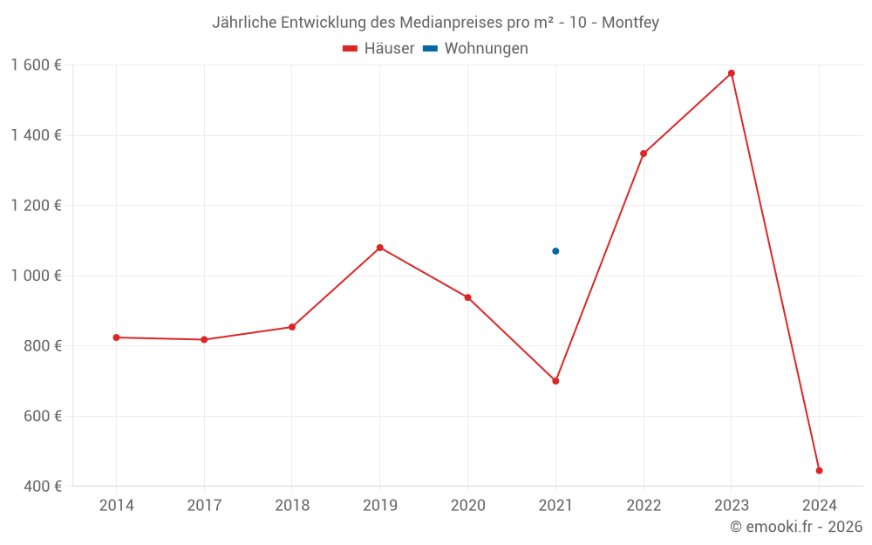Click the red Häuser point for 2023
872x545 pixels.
pyautogui.click(x=732, y=73)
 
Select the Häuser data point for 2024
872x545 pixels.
pyautogui.click(x=819, y=471)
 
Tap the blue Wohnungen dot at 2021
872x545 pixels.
pyautogui.click(x=555, y=251)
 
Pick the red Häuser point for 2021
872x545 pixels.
pyautogui.click(x=555, y=381)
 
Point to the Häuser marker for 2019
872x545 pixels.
pyautogui.click(x=379, y=248)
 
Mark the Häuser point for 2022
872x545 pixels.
pyautogui.click(x=644, y=153)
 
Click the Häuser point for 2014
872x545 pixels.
pyautogui.click(x=116, y=337)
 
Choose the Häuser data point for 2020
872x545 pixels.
pyautogui.click(x=467, y=297)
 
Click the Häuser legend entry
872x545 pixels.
pyautogui.click(x=378, y=49)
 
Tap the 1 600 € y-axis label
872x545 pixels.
pyautogui.click(x=36, y=65)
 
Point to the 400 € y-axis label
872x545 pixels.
pyautogui.click(x=42, y=486)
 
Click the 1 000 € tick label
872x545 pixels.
pyautogui.click(x=36, y=276)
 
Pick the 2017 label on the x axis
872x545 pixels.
pyautogui.click(x=204, y=505)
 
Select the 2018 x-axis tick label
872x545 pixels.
pyautogui.click(x=292, y=505)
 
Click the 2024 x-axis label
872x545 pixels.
pyautogui.click(x=819, y=505)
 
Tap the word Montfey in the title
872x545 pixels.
pyautogui.click(x=630, y=22)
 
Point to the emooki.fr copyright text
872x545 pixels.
pyautogui.click(x=796, y=527)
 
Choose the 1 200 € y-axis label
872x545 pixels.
pyautogui.click(x=36, y=205)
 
